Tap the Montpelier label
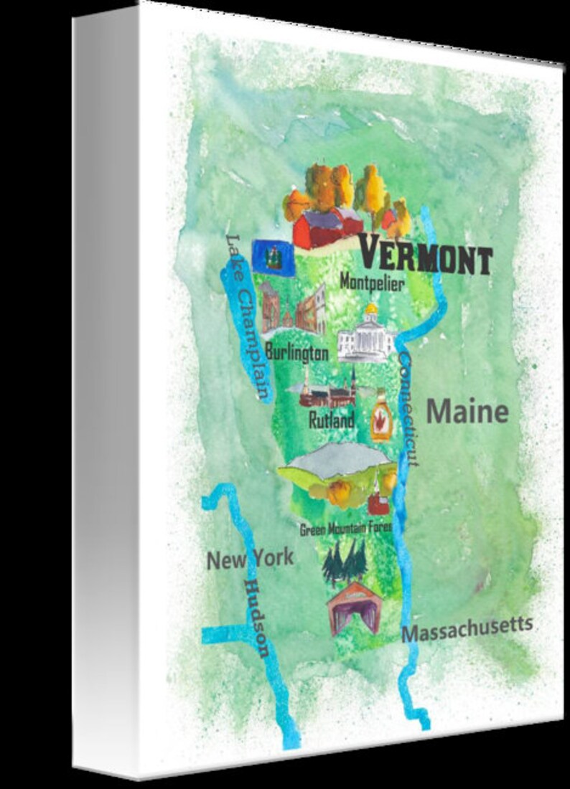click(372, 283)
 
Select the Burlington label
click(296, 352)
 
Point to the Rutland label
click(331, 420)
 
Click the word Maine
click(467, 412)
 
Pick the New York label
click(250, 559)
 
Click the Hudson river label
click(256, 618)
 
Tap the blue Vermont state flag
click(273, 255)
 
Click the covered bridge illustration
click(353, 608)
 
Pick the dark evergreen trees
click(345, 562)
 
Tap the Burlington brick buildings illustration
click(292, 310)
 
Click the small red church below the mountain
click(378, 499)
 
